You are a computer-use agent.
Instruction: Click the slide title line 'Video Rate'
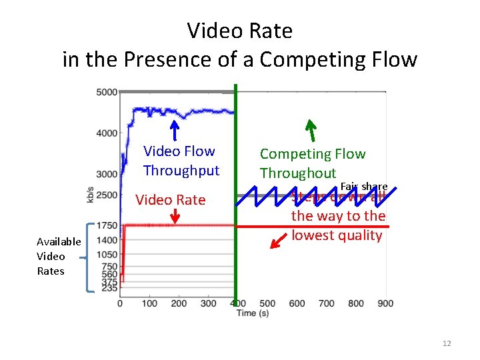coord(239,31)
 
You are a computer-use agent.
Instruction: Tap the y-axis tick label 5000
coord(107,92)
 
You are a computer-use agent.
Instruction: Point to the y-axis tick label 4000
coord(107,133)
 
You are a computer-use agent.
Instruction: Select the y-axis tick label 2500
coord(107,195)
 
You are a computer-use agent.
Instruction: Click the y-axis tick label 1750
coord(107,226)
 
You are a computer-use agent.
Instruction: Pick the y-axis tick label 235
coord(109,289)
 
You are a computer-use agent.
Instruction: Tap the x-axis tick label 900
coord(385,304)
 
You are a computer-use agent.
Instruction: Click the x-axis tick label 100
coord(149,304)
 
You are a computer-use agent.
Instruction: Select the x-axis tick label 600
coord(297,304)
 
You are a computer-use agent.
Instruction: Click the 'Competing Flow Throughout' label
coord(312,163)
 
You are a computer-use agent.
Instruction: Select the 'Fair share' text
coord(363,186)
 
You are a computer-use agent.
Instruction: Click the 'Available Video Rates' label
coord(59,256)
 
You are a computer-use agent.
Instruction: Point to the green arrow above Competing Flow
coord(310,127)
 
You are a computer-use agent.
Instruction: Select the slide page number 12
coord(446,343)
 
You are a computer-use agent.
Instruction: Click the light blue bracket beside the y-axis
coord(89,257)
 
